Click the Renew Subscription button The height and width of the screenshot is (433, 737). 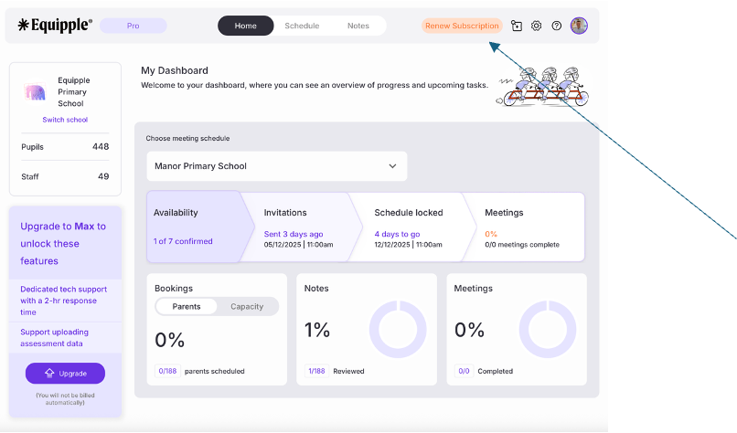tap(462, 26)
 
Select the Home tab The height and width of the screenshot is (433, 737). tap(246, 26)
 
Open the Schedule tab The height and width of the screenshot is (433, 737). tap(302, 26)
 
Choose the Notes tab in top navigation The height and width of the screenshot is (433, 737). tap(358, 26)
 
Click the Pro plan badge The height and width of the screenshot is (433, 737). tap(134, 26)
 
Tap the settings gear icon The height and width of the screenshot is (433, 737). tap(537, 26)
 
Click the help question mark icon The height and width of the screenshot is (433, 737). tap(557, 26)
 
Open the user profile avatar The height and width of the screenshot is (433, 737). tap(579, 26)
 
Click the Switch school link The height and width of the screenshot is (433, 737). tap(65, 120)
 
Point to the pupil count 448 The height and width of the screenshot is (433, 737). tap(101, 146)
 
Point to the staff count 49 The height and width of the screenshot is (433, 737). tap(103, 176)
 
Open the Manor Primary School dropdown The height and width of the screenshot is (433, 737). tap(276, 166)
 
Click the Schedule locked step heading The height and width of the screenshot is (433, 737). tap(409, 213)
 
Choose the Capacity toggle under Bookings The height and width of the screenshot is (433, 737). tap(247, 307)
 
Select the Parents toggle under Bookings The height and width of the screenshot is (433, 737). tap(187, 307)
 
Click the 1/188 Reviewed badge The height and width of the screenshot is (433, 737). tap(316, 371)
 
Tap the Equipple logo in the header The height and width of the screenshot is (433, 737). tap(55, 26)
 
